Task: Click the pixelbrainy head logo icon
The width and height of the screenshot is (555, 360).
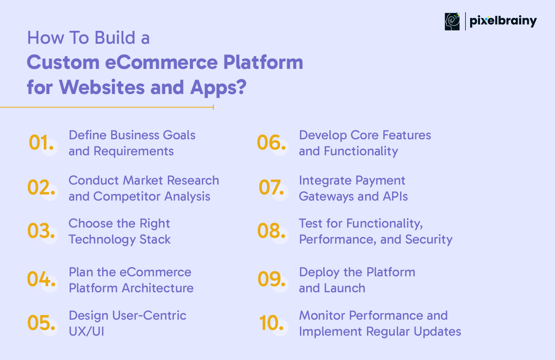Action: tap(452, 22)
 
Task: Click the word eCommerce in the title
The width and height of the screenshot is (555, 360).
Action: tap(161, 62)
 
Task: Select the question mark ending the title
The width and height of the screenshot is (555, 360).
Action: tap(241, 87)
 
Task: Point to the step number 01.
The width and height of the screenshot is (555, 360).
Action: tap(41, 143)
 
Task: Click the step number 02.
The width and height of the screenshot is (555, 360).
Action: tap(41, 187)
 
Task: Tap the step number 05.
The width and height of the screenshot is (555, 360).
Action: tap(41, 323)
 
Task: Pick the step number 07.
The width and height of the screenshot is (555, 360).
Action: tap(271, 187)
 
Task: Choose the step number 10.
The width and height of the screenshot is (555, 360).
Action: tap(271, 323)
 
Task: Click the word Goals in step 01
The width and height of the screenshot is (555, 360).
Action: tap(179, 135)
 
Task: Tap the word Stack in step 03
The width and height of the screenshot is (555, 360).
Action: tap(155, 239)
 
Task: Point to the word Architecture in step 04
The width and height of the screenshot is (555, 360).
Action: tap(158, 288)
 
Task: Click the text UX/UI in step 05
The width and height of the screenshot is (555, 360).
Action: tap(86, 331)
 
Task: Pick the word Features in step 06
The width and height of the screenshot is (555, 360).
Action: tap(407, 135)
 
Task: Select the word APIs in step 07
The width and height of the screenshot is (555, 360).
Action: tap(395, 196)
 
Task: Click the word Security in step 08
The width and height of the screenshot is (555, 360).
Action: tap(429, 240)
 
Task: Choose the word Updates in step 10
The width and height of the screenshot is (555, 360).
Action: tap(437, 332)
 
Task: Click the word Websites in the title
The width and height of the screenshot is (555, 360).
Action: tap(102, 87)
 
